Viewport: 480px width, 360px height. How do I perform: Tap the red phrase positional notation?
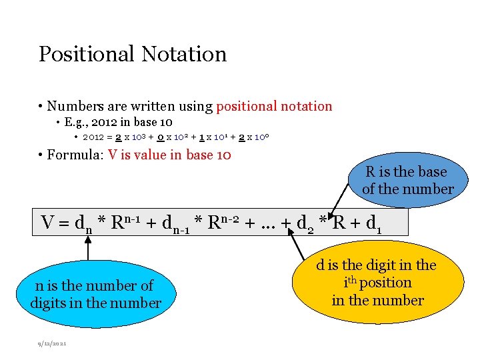[x=274, y=106]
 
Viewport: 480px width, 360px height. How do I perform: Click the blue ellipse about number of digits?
[x=96, y=294]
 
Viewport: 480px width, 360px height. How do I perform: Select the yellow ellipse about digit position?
[x=377, y=283]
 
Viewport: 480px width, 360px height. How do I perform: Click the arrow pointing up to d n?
[x=88, y=250]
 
